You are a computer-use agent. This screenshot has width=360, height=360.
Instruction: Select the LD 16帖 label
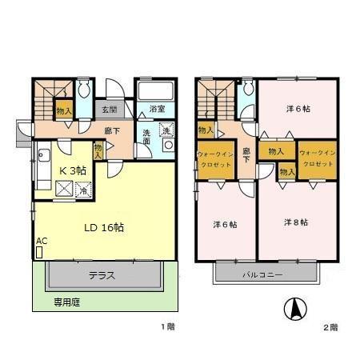point(104,226)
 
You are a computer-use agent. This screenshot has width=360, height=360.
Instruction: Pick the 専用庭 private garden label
point(67,302)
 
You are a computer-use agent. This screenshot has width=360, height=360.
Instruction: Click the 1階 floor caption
point(166,326)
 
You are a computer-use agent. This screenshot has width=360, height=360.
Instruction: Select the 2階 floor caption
point(331,327)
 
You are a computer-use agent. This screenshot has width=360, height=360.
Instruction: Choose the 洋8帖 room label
point(297,221)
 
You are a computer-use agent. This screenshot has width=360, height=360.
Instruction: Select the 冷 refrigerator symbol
point(83,190)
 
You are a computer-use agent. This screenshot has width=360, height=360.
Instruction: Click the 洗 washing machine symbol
point(166,130)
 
